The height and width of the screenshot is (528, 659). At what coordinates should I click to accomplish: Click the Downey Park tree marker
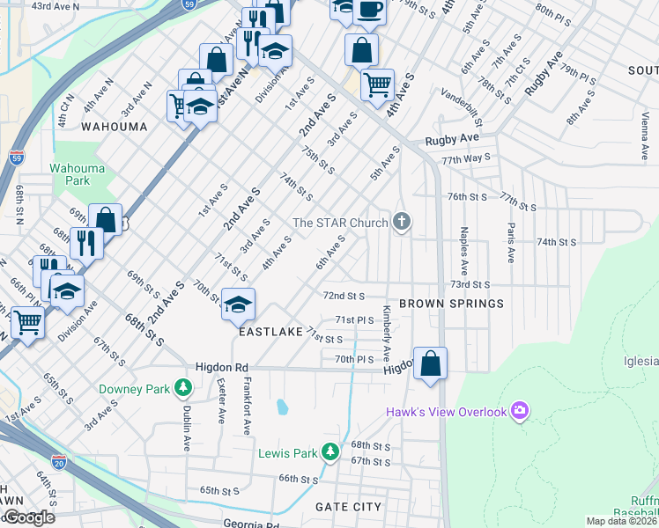coord(183,386)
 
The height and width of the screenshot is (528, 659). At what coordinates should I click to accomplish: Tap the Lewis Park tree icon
coord(329,452)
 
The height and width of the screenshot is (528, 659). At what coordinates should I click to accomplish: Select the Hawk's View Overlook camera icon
coord(520,411)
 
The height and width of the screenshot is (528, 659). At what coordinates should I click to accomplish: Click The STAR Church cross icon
coord(402,221)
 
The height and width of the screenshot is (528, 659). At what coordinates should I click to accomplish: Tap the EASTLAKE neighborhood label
coord(270,333)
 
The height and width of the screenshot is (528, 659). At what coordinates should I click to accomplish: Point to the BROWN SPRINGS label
coord(451,304)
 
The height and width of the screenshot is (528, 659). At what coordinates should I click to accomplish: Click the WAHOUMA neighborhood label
coord(114,127)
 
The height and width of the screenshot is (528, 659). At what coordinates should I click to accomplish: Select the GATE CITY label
coord(349,507)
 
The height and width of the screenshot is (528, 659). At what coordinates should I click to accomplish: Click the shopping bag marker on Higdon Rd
coord(430,363)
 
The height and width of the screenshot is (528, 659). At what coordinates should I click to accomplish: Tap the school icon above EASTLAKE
coord(238,304)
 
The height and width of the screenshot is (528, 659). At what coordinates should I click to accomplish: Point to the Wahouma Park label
coord(70,174)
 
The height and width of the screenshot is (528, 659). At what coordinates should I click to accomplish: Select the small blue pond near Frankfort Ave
coord(281,407)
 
